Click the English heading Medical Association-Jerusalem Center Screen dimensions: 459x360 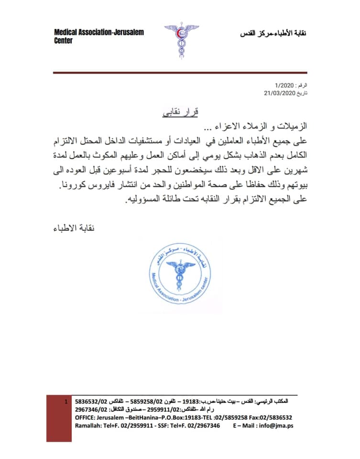tap(98, 36)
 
